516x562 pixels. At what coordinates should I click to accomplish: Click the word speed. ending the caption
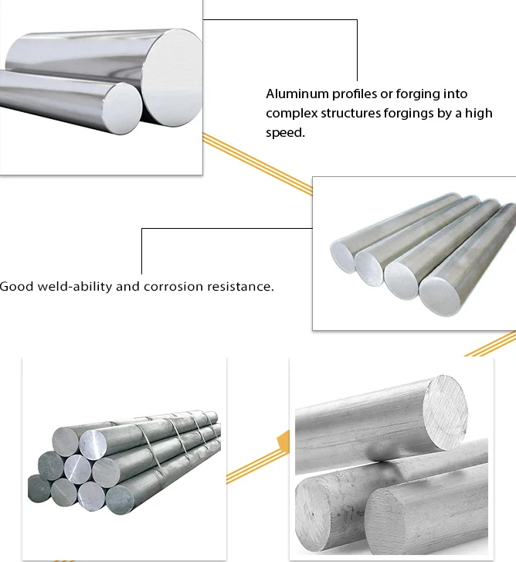(x=285, y=133)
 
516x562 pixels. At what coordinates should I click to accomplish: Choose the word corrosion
(x=173, y=287)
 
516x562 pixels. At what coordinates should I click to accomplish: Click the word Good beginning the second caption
(x=16, y=287)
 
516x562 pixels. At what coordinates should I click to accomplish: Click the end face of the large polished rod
(x=172, y=78)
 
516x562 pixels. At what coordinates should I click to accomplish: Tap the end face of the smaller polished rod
(x=123, y=108)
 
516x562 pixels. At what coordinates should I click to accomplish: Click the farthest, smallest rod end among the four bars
(x=342, y=257)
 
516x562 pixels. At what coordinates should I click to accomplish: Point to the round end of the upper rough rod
(x=445, y=412)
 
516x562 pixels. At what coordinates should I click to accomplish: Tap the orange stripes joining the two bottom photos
(x=257, y=467)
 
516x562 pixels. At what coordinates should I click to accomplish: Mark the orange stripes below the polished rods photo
(x=257, y=164)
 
